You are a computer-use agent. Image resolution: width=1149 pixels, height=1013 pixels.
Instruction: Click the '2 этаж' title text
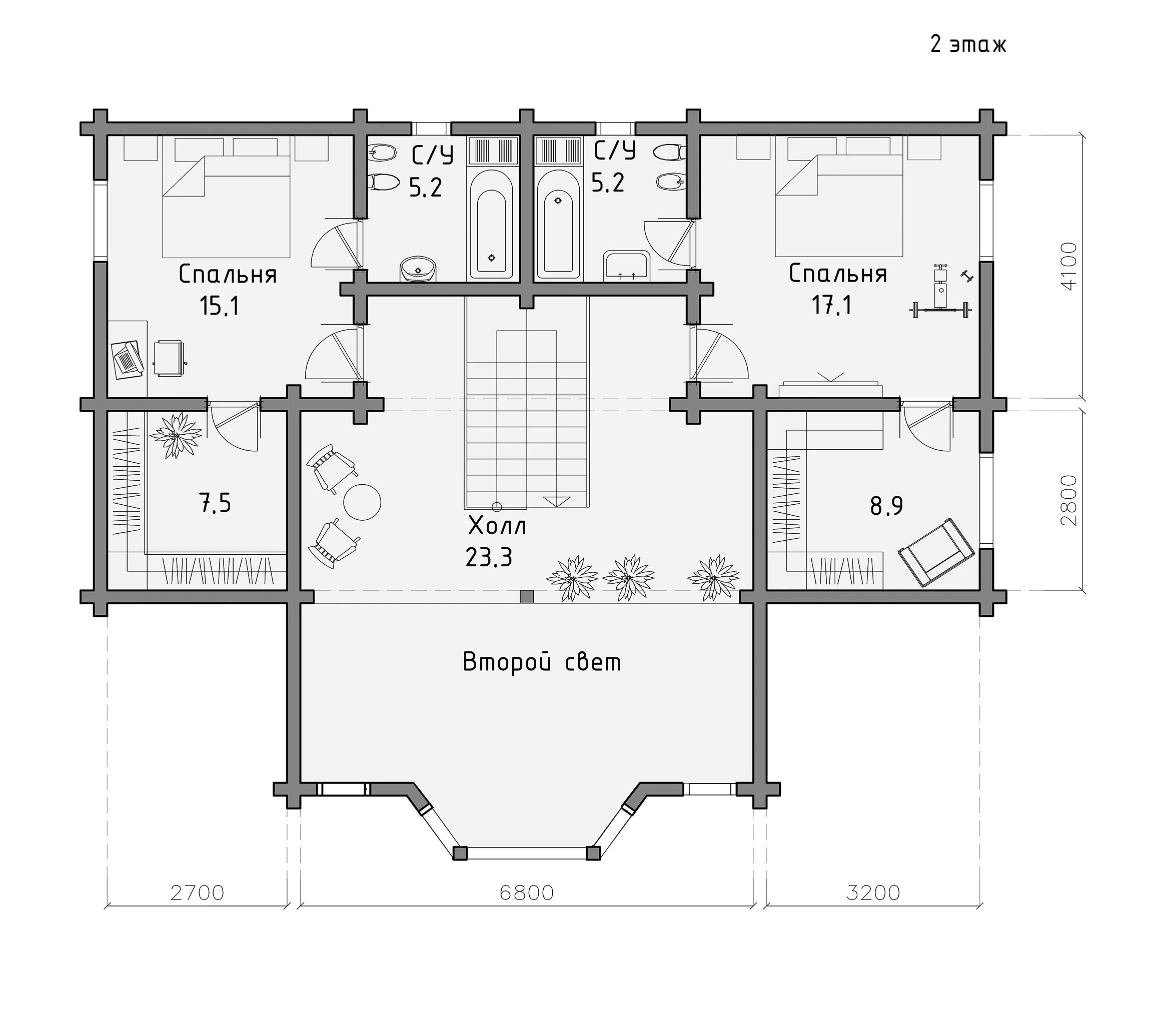tap(968, 45)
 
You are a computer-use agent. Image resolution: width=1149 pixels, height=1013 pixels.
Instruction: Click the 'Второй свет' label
tap(542, 662)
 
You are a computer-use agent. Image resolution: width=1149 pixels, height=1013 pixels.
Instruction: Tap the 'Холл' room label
tap(497, 526)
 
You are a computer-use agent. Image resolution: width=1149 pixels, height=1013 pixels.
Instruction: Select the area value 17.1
tap(831, 305)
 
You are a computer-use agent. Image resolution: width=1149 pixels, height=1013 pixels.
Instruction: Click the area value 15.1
tap(219, 306)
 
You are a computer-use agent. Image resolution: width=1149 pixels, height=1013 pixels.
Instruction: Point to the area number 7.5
tap(215, 503)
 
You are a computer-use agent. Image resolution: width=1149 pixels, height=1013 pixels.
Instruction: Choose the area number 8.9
tap(886, 505)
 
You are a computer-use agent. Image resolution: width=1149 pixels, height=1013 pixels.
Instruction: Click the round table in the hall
tap(362, 502)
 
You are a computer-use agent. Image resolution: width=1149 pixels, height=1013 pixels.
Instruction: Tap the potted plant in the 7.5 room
tap(177, 435)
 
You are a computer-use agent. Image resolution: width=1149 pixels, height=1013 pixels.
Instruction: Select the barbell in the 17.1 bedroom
tap(940, 309)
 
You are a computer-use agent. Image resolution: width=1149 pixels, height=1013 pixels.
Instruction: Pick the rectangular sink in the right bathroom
tap(627, 266)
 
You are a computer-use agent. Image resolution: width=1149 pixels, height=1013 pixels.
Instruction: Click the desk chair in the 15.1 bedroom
tap(170, 358)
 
